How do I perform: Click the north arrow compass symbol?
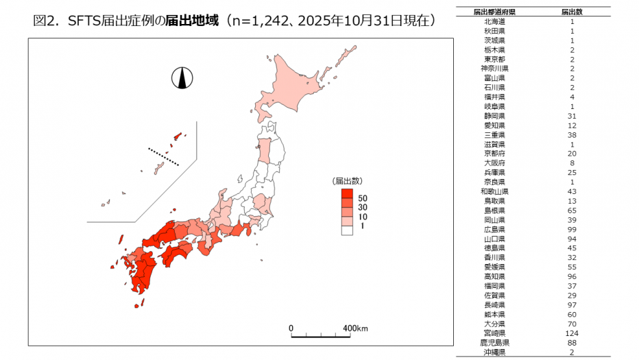[x=182, y=79]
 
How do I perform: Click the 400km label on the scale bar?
[x=356, y=328]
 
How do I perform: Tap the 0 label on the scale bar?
[x=291, y=328]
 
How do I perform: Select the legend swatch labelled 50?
[x=347, y=197]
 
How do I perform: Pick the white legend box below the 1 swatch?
[x=347, y=231]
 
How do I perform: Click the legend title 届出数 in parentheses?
[x=347, y=181]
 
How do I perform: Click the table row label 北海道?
[x=494, y=22]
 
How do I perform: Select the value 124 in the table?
[x=572, y=333]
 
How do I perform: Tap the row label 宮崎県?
[x=494, y=333]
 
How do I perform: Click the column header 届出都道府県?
[x=494, y=12]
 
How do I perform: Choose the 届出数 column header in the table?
[x=572, y=12]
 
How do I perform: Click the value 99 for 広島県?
[x=572, y=230]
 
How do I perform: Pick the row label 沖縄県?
[x=494, y=352]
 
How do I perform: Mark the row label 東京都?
[x=494, y=60]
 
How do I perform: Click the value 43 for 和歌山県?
[x=572, y=192]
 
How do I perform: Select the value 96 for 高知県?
[x=572, y=277]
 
